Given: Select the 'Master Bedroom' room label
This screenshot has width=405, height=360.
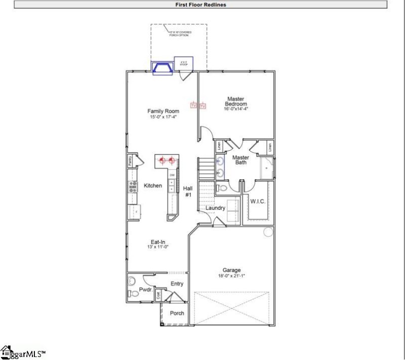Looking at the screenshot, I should [236, 101].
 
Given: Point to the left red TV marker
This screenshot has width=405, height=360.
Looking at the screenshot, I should [193, 105].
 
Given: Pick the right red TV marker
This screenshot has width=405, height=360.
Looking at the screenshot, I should [203, 106].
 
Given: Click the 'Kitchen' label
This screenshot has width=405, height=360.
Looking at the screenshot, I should [153, 186].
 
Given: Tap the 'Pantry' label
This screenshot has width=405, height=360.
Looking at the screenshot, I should [130, 161].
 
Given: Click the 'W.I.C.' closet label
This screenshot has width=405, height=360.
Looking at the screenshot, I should [258, 202].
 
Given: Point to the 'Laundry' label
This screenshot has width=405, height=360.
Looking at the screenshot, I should [215, 208].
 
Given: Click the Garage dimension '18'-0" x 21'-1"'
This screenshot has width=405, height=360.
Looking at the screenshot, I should [232, 276].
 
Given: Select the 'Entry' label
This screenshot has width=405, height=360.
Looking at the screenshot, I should [177, 284].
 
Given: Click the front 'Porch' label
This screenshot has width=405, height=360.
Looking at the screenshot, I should [177, 313].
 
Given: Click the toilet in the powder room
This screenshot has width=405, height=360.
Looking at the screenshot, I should [132, 281].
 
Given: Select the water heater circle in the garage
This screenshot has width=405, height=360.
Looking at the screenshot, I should [268, 232].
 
